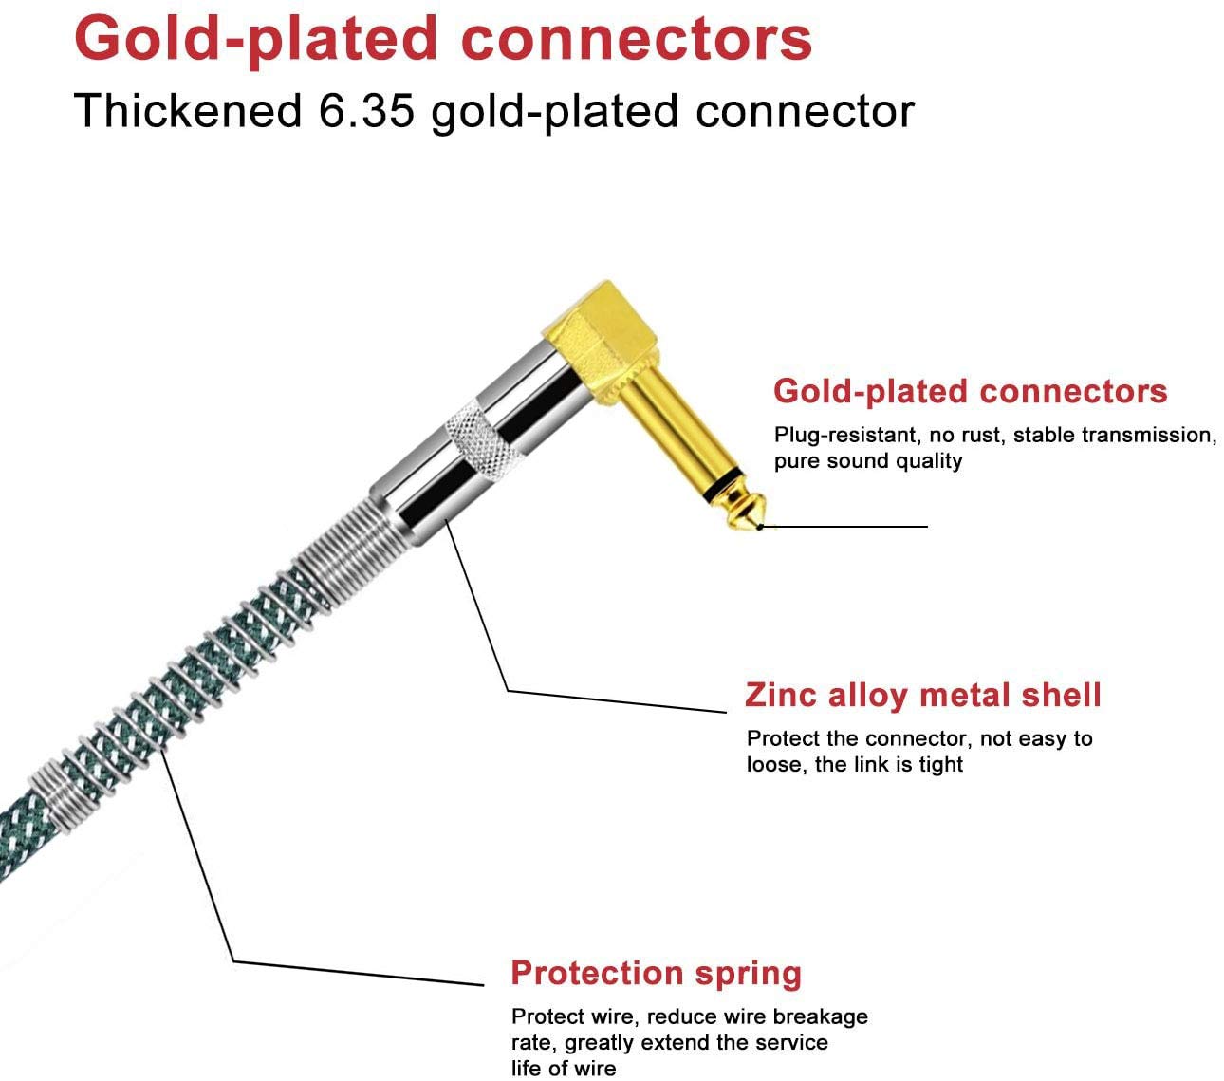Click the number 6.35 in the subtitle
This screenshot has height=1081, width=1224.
click(366, 111)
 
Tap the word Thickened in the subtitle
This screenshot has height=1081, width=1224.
click(187, 111)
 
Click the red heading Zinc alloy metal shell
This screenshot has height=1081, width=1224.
click(922, 696)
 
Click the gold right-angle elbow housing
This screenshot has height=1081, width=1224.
click(602, 342)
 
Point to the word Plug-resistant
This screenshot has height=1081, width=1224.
click(844, 436)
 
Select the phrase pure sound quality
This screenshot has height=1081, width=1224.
click(868, 461)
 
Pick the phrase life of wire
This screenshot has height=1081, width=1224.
click(564, 1069)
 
